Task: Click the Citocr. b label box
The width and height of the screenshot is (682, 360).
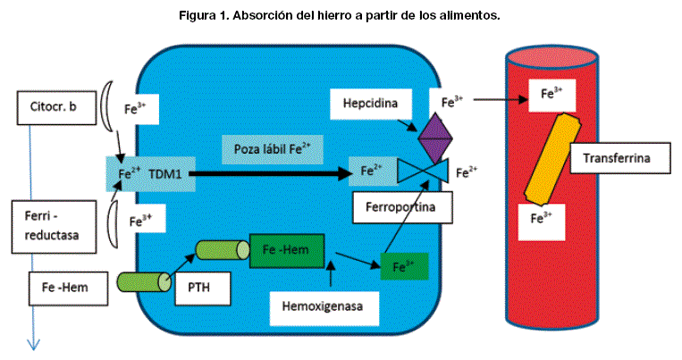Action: pyautogui.click(x=53, y=108)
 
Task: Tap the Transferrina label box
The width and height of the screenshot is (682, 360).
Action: pyautogui.click(x=614, y=159)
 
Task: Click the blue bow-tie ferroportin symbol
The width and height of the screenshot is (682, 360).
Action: pyautogui.click(x=424, y=172)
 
